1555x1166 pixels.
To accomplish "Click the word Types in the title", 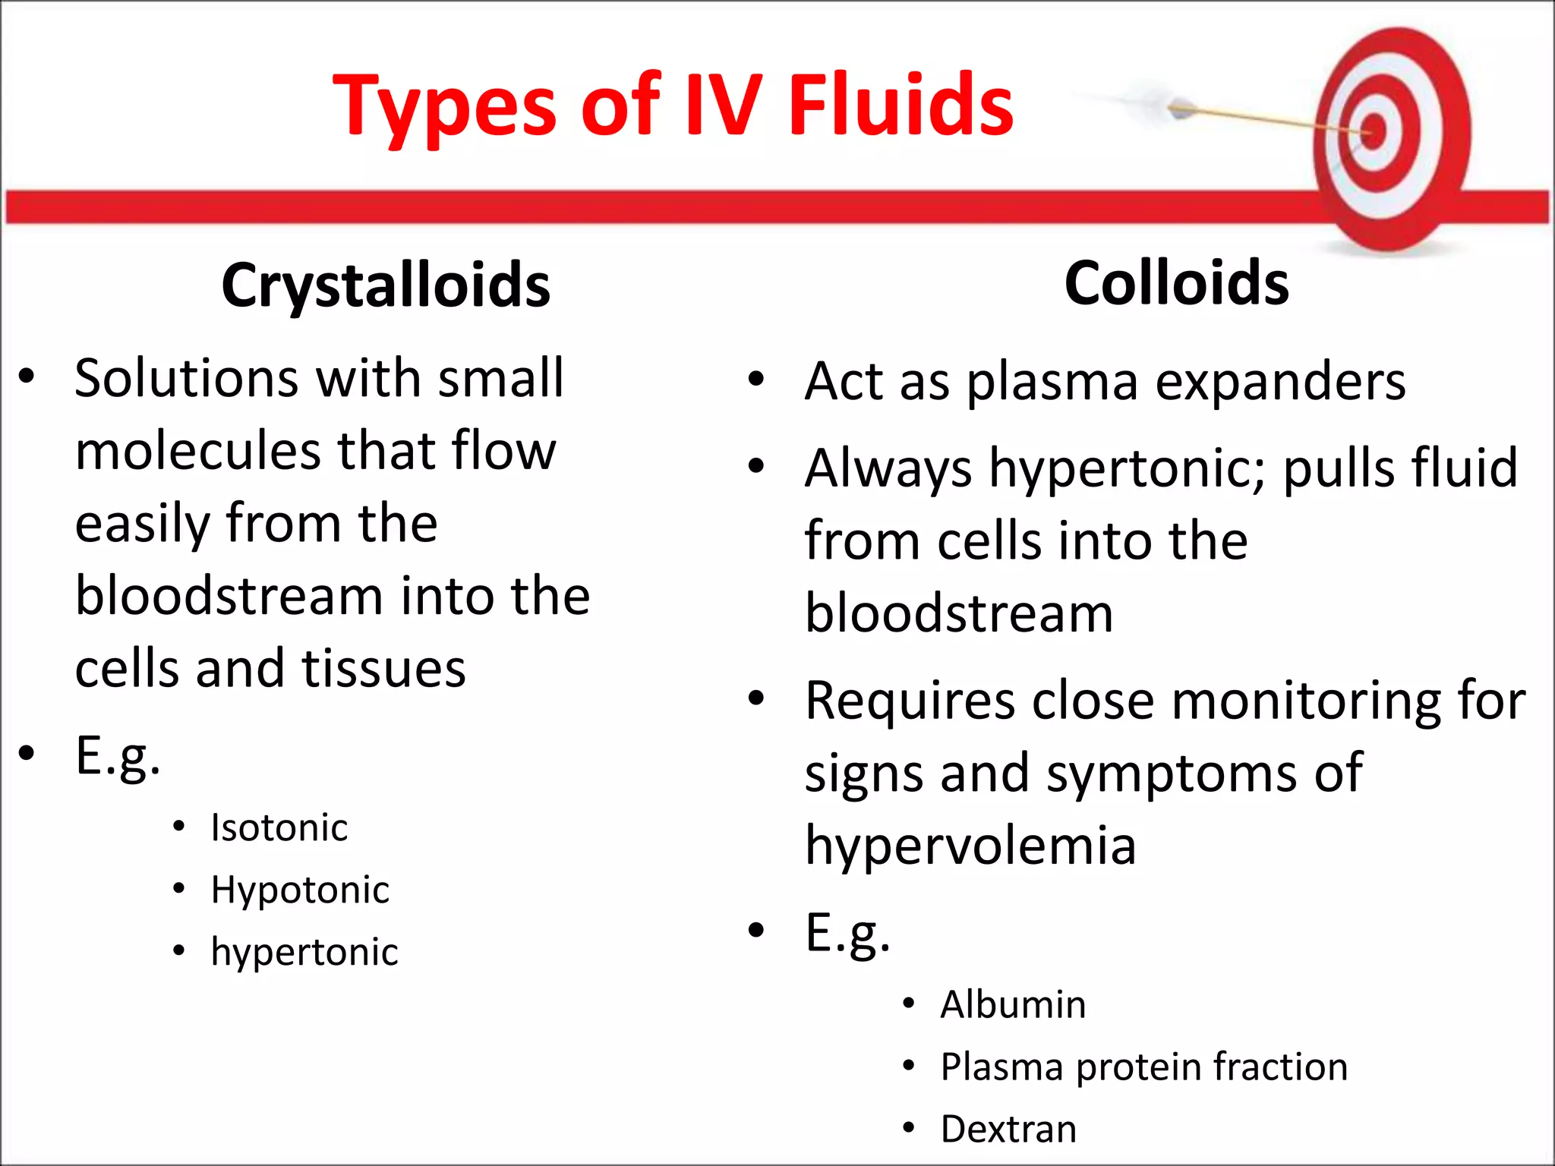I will (445, 106).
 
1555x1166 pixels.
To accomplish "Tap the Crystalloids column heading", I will (386, 285).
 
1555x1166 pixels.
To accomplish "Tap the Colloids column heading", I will (1176, 283).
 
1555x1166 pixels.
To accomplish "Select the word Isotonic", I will (279, 827).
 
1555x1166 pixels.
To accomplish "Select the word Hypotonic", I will (300, 890).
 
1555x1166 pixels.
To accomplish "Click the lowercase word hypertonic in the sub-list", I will (304, 952).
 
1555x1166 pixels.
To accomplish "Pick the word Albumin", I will (1013, 1005).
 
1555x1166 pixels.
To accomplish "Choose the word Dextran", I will (1008, 1130).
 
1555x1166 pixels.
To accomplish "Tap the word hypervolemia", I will (970, 845).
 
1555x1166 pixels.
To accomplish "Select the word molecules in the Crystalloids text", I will (197, 451).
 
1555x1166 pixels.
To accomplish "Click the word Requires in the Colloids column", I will (910, 701).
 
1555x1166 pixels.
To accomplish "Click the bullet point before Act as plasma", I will (755, 380).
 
